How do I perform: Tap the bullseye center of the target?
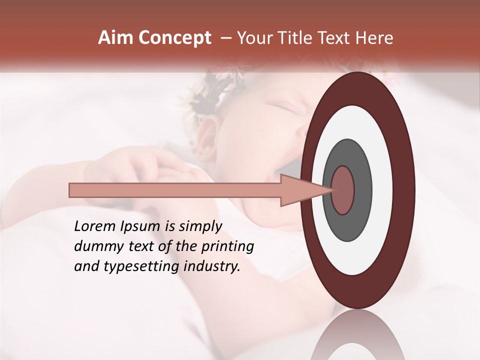(x=343, y=190)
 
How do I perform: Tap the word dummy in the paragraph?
(x=95, y=246)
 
